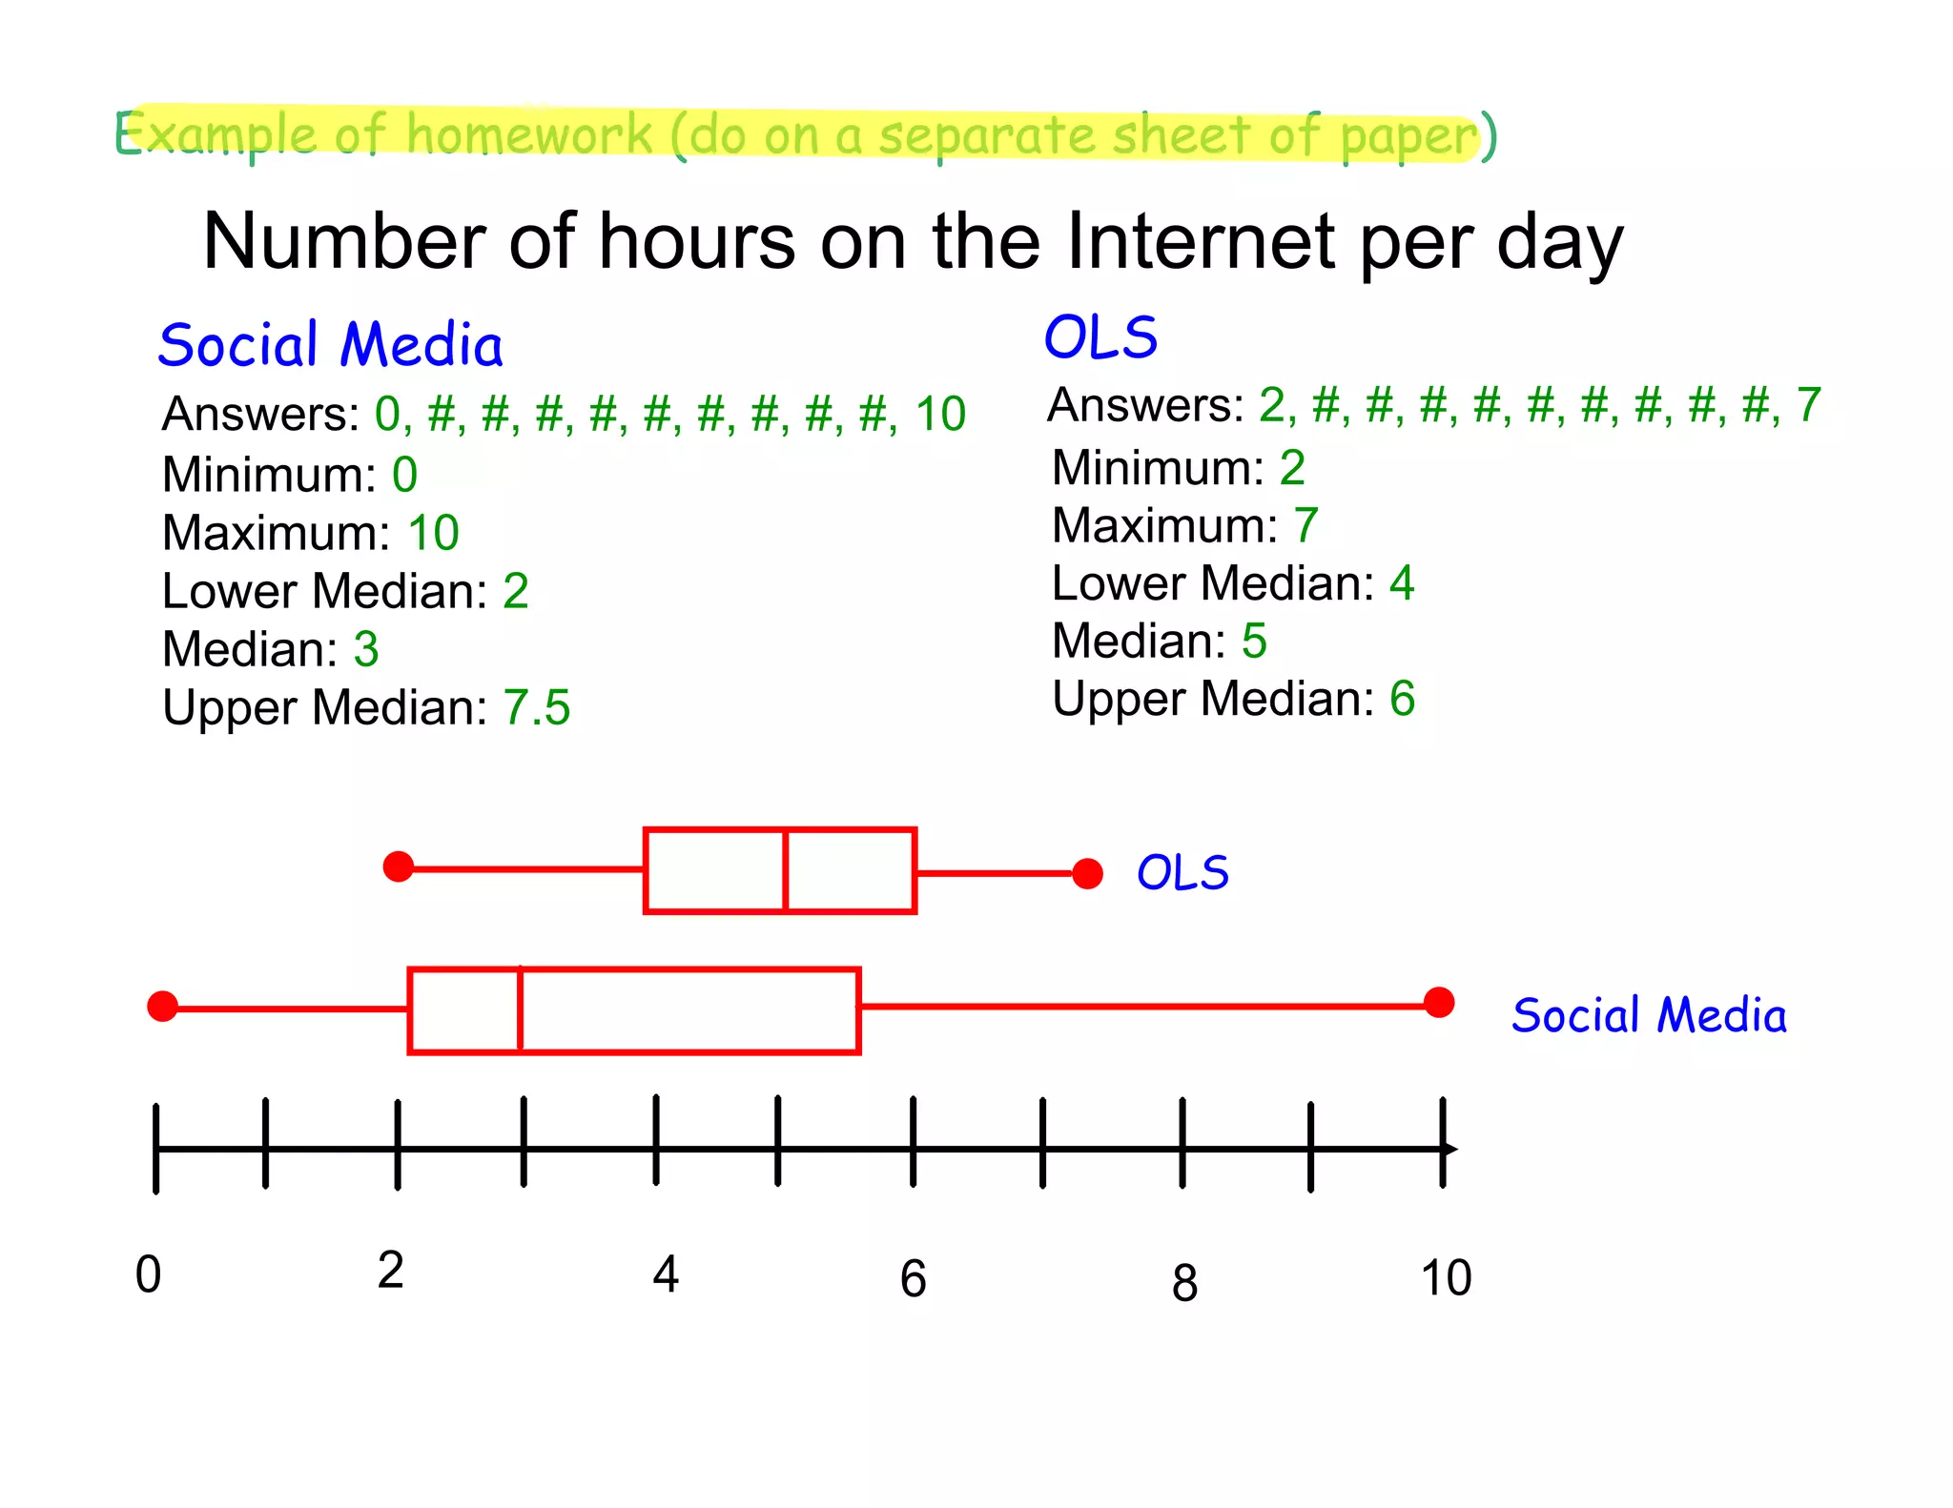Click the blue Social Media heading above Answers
(x=330, y=345)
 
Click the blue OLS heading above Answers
(x=1100, y=337)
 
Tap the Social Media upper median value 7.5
(x=536, y=707)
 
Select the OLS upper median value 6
(x=1402, y=699)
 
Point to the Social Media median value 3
(x=366, y=649)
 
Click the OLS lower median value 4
(x=1401, y=582)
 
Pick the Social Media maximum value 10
(x=433, y=532)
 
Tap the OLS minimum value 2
(x=1292, y=467)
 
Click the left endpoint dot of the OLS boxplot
(x=399, y=866)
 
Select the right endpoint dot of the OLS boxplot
(x=1087, y=873)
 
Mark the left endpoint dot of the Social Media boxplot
(x=163, y=1006)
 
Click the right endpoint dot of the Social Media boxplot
(x=1438, y=1002)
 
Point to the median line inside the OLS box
(x=785, y=871)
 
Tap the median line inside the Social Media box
(x=521, y=1010)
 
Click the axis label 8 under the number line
(x=1184, y=1282)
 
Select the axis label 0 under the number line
(x=149, y=1274)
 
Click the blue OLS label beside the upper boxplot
(x=1182, y=873)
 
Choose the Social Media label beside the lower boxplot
(x=1649, y=1014)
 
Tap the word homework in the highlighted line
(x=529, y=133)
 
